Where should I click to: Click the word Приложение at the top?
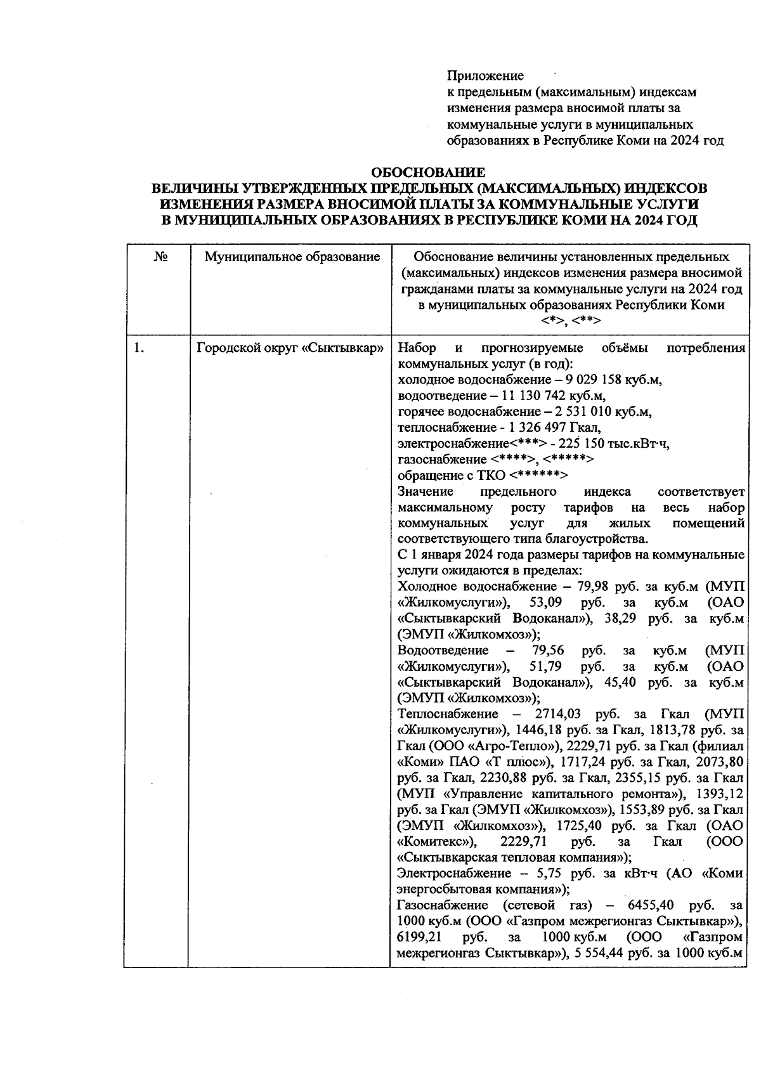coord(485,76)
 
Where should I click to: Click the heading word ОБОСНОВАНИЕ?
coord(428,172)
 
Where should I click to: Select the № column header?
coord(160,257)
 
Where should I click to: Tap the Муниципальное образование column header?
coord(292,257)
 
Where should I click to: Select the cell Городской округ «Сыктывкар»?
coord(291,348)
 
